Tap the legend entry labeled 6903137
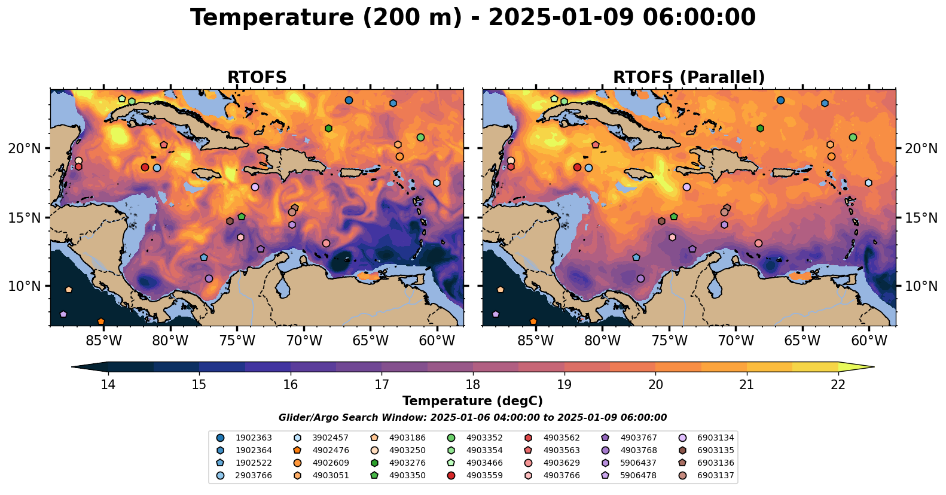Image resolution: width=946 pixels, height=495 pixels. (715, 475)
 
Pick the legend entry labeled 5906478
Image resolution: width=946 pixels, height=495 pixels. (638, 475)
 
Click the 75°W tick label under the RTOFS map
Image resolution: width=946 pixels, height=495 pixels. (237, 341)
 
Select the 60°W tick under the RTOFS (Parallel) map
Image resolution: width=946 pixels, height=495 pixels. (869, 341)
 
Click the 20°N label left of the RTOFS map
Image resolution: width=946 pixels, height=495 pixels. (25, 148)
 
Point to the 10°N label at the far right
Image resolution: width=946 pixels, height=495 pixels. (921, 286)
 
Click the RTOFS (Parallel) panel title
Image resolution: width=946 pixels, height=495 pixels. (689, 78)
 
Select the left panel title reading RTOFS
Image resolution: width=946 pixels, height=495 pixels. (257, 78)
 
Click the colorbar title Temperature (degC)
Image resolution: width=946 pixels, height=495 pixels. (472, 401)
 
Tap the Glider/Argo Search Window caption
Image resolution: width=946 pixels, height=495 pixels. (472, 418)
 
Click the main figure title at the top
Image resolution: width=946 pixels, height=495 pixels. (472, 18)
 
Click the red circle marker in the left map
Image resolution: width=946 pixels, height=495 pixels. (145, 167)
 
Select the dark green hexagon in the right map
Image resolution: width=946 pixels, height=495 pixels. (760, 128)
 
